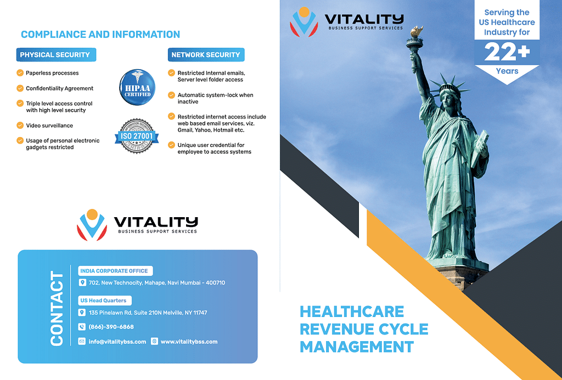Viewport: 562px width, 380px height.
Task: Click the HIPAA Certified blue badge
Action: coord(137,87)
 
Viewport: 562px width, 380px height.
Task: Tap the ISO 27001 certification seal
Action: coord(137,136)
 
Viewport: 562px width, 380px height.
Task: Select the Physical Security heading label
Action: coord(56,55)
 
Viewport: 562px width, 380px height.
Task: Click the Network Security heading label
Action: coord(206,55)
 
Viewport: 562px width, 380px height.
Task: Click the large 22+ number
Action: coord(507,53)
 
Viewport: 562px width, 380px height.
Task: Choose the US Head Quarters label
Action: coord(105,300)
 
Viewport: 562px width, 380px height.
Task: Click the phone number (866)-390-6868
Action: coord(111,327)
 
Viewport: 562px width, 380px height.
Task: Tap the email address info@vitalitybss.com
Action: coord(117,342)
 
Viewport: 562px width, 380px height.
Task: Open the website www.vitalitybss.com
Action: coord(189,342)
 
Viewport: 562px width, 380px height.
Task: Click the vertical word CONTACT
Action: coord(57,308)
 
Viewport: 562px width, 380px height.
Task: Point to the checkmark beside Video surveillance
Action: coord(20,126)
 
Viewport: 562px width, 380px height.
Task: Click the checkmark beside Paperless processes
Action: coord(20,73)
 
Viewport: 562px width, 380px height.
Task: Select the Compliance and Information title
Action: coord(100,35)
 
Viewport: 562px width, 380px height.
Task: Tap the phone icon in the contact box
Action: coord(82,327)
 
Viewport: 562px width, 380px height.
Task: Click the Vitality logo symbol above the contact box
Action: coord(92,225)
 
